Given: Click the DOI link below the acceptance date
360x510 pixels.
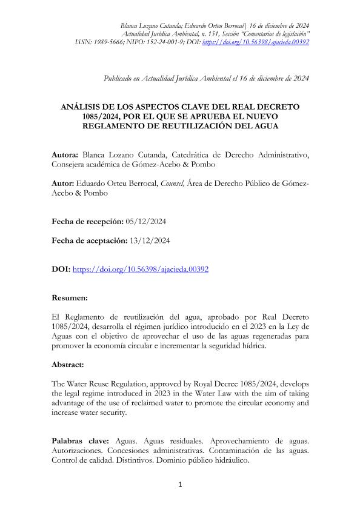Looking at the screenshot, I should coord(141,270).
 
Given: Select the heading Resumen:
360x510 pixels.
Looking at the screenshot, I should coord(70,299).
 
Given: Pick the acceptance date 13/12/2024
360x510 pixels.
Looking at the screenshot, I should coord(150,240).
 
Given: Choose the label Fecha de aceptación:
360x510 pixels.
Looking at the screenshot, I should coord(89,240).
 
